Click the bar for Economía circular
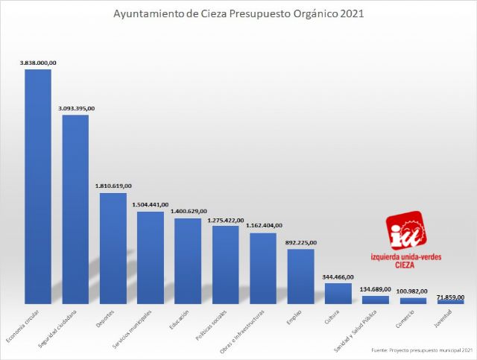(38, 186)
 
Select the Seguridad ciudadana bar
(75, 209)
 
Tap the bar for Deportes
(113, 248)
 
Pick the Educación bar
(188, 261)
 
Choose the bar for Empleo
(300, 276)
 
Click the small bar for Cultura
(338, 293)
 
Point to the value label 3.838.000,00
(38, 63)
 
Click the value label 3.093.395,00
(76, 109)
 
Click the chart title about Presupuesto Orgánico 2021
(238, 13)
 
